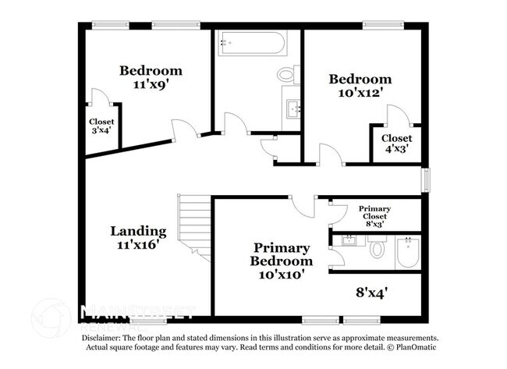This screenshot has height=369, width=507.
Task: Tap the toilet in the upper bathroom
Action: [x=286, y=76]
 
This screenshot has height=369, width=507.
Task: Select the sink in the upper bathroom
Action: [x=294, y=108]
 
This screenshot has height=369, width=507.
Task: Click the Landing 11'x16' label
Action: [x=138, y=237]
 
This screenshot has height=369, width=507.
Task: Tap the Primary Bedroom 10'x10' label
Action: [x=282, y=261]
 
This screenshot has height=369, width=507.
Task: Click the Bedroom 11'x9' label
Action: [x=150, y=76]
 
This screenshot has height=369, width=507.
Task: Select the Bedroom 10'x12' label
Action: [x=360, y=84]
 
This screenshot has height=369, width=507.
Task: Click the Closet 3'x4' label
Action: [x=101, y=126]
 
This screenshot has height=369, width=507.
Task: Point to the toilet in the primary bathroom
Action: [x=378, y=250]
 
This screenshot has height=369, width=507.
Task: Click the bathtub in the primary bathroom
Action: [x=408, y=252]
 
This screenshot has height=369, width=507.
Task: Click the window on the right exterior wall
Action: [x=426, y=179]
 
